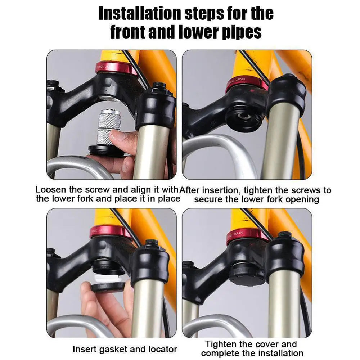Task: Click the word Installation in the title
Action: coord(140,14)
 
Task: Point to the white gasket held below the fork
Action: coord(108,279)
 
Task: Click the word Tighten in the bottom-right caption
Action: coord(223,344)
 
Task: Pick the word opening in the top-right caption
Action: coord(302,199)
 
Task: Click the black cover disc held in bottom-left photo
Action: coord(108,286)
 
